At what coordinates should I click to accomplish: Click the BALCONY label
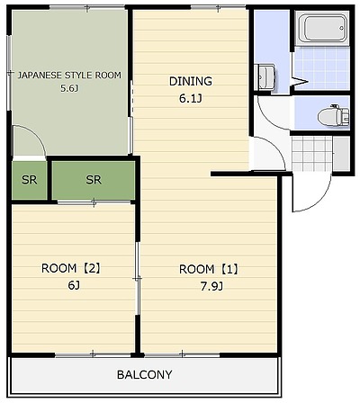tap(145, 374)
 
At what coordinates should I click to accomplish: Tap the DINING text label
tap(191, 81)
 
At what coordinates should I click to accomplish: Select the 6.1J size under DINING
tap(191, 99)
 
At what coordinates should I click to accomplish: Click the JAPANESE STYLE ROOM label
tap(69, 75)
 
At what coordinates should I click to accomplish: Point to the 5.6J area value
tap(69, 88)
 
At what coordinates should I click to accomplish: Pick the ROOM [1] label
tap(209, 269)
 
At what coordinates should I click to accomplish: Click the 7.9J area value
tap(211, 287)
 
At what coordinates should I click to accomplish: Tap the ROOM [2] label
tap(71, 268)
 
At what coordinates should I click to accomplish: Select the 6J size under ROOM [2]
tap(74, 285)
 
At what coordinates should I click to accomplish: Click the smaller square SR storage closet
tap(30, 180)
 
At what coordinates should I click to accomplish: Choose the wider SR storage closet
tap(94, 180)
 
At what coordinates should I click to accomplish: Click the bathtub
tap(325, 28)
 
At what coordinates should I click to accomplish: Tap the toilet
tap(334, 115)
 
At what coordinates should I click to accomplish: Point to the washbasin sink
tap(265, 76)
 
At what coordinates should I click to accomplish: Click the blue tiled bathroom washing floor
tap(322, 67)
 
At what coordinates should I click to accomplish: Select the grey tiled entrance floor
tap(311, 153)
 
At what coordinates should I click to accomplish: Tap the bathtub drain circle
tap(341, 28)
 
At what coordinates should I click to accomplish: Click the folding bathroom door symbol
tap(300, 81)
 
